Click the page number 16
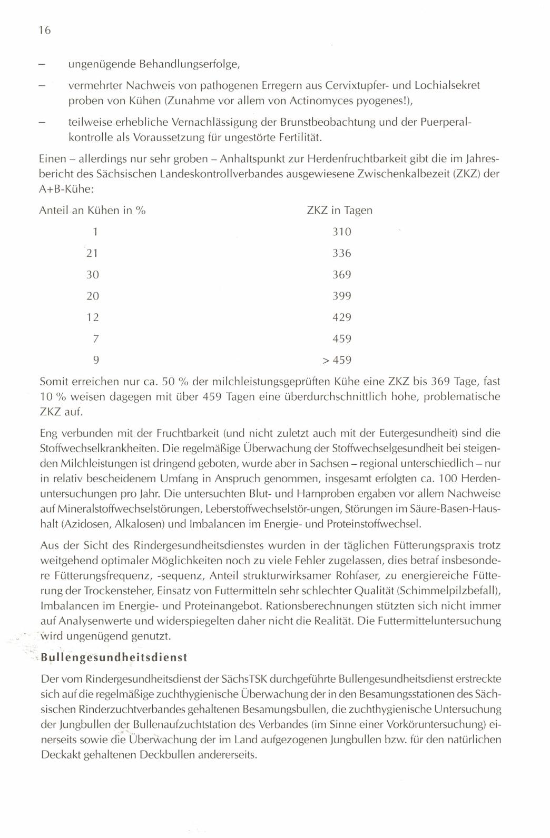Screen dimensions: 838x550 [x=44, y=31]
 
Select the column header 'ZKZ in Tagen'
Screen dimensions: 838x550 [x=339, y=211]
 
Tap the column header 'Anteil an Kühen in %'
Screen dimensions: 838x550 [x=92, y=211]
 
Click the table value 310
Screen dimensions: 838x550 [x=342, y=232]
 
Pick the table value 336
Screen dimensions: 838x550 [x=342, y=253]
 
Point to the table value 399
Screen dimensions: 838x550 [x=342, y=296]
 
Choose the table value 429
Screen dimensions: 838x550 [x=342, y=317]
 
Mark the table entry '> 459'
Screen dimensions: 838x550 [x=337, y=361]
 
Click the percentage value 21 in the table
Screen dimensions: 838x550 [x=93, y=253]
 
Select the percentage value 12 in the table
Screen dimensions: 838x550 [x=93, y=317]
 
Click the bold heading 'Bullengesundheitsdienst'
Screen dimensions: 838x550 [x=114, y=658]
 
